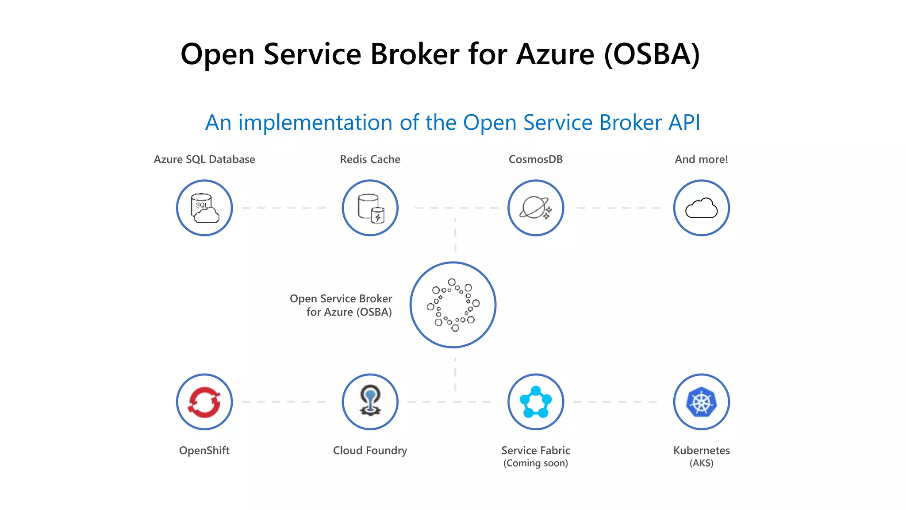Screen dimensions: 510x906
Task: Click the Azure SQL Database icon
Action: [204, 208]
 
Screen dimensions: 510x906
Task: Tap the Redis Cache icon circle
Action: [370, 208]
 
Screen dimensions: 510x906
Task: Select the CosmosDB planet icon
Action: [535, 208]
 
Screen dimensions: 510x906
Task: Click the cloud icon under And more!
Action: [701, 208]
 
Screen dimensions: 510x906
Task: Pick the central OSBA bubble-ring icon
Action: [453, 305]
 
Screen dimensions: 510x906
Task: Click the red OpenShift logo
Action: [204, 402]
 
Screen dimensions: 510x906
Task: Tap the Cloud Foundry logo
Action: [370, 401]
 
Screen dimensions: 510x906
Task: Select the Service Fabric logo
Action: [535, 402]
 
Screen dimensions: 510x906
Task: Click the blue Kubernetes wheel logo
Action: [701, 402]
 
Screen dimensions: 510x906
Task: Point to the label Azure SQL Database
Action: [204, 159]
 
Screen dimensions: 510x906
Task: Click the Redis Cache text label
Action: [370, 159]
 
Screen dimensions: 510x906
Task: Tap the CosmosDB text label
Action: [535, 159]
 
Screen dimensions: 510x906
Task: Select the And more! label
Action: [701, 159]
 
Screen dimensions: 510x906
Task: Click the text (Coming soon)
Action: [535, 464]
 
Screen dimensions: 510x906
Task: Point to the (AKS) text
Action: [701, 464]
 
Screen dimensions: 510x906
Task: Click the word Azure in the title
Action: [555, 54]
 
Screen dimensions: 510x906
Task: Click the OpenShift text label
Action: [204, 451]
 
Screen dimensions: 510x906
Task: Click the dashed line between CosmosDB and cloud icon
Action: [618, 208]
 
